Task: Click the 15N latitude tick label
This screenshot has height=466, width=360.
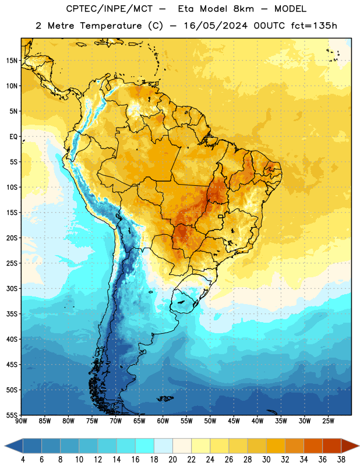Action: [12, 61]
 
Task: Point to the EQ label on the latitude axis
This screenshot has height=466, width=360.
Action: [13, 137]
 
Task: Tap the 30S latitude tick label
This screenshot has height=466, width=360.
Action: [12, 288]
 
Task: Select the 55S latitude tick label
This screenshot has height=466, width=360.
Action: [12, 415]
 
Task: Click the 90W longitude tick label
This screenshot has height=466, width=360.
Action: [21, 421]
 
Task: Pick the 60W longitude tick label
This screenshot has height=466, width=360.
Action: [163, 421]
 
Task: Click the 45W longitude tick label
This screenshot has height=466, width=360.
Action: [234, 421]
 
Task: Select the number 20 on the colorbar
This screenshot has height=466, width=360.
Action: [172, 460]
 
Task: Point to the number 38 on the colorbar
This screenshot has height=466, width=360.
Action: [341, 460]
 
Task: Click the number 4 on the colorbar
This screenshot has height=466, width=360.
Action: [23, 460]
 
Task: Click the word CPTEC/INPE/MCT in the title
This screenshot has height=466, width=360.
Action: [110, 9]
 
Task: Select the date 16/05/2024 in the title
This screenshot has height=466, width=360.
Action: [216, 26]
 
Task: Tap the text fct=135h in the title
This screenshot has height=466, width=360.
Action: [314, 26]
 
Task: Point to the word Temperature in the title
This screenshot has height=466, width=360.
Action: [111, 26]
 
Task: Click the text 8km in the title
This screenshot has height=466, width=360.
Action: [243, 9]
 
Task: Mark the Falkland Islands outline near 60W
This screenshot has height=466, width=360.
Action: [165, 398]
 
